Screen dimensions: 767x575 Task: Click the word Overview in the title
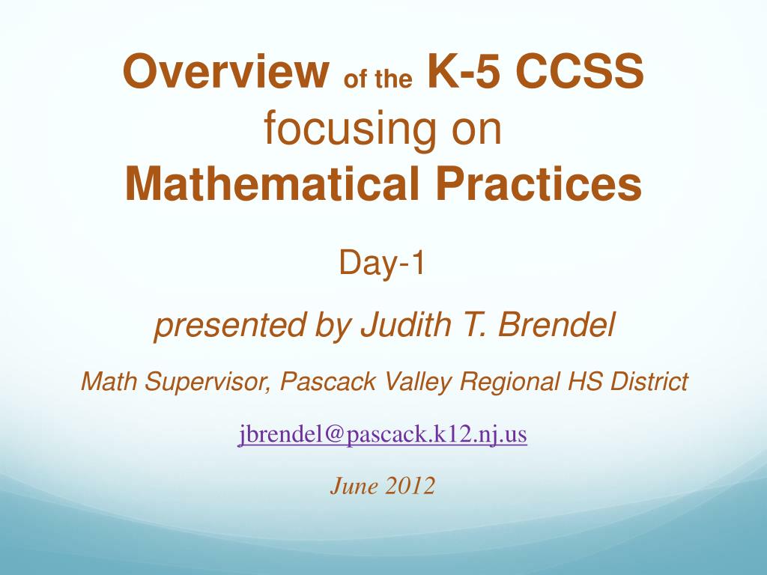coord(226,71)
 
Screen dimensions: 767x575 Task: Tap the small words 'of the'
coord(378,79)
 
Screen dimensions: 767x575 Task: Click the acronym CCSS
coord(580,71)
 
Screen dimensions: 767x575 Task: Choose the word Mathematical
coord(273,183)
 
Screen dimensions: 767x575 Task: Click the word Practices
coord(539,183)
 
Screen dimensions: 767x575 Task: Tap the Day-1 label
coord(381,263)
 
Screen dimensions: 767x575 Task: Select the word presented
coord(230,325)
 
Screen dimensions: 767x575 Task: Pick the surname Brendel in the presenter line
coord(557,324)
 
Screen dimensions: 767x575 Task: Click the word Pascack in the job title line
coord(328,381)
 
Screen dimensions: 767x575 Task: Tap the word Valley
coord(418,383)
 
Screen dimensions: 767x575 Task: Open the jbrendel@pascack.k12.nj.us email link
coord(383,435)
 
